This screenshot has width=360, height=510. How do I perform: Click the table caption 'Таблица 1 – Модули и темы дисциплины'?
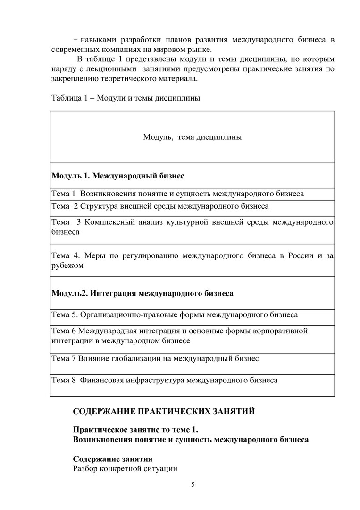125,98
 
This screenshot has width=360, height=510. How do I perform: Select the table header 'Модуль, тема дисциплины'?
193,137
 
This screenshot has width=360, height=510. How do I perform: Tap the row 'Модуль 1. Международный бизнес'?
118,176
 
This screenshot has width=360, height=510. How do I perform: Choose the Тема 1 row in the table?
177,194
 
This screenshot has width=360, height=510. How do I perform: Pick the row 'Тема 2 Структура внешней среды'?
160,206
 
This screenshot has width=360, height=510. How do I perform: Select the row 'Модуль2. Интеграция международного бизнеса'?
142,293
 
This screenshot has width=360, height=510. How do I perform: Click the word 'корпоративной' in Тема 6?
282,330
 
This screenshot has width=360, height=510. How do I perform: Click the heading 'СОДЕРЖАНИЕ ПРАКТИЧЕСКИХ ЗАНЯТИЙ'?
164,411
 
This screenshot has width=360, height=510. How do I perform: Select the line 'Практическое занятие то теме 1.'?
136,429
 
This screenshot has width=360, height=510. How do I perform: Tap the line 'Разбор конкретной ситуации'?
125,469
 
